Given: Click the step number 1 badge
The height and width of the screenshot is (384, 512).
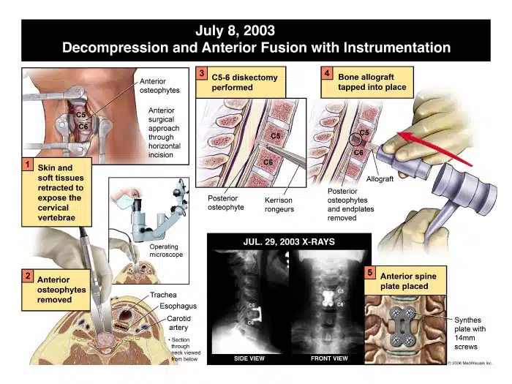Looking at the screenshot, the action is point(28,165).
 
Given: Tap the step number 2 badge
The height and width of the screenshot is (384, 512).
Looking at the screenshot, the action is point(28,276).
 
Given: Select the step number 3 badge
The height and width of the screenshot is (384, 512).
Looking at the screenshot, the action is point(201,73).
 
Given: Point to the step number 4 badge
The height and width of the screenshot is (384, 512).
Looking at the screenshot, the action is point(327,73).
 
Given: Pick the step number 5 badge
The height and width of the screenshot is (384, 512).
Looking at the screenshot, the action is point(370,272).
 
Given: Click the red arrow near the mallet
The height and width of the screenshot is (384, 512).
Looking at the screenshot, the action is point(435,149).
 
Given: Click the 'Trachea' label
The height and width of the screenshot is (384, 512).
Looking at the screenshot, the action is point(163,295).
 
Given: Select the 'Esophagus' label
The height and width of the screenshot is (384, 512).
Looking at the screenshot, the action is point(178,306).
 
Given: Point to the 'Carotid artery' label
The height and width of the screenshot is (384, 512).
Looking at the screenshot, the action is point(178,323).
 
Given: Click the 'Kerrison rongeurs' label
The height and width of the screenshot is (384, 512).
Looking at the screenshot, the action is point(279,205).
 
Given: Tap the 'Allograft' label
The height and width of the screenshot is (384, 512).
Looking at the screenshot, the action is point(380,179).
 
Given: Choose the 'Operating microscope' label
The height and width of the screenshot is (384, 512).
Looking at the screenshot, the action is point(166,250).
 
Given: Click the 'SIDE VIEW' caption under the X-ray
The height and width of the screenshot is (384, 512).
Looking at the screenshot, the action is point(249,358).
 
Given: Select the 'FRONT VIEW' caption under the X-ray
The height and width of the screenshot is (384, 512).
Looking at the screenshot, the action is point(329,358).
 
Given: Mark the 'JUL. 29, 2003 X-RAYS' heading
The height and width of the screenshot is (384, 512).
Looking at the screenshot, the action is point(289,242).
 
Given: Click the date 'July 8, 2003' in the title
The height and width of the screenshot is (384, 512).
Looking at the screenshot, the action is point(235,31).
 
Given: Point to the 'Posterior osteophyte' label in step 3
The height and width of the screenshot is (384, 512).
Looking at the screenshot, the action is point(226,203).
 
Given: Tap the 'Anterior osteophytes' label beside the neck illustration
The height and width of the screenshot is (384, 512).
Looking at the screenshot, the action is point(159,86).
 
